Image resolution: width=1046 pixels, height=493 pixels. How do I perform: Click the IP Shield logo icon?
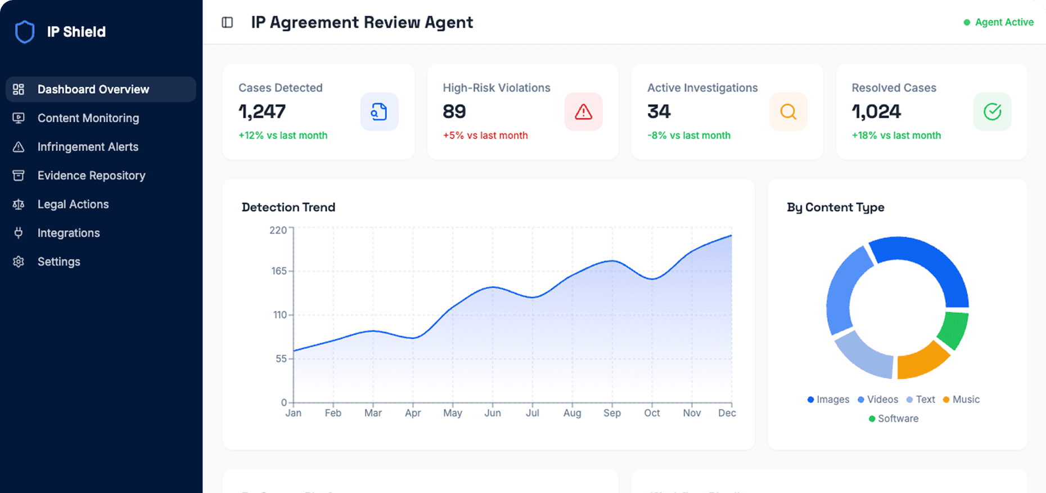point(25,32)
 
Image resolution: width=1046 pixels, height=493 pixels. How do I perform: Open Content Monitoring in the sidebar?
point(88,118)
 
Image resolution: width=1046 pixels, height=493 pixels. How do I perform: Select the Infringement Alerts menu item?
point(88,147)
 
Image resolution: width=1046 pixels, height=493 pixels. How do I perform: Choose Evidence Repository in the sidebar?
point(91,176)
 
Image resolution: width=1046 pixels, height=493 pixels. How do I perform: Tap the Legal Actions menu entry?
point(73,204)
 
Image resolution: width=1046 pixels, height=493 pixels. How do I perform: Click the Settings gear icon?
point(19,262)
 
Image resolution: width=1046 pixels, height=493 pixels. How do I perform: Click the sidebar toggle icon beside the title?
point(227,23)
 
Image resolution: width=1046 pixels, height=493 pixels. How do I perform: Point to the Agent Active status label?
point(1003,23)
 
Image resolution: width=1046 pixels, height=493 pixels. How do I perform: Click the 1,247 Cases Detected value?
point(262,111)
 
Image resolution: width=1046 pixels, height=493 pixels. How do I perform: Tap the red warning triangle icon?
point(583,112)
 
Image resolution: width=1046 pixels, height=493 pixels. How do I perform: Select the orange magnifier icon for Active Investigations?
point(788,112)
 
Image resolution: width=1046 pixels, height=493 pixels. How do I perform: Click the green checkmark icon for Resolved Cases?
point(992,112)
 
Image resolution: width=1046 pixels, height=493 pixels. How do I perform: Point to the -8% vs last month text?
point(688,136)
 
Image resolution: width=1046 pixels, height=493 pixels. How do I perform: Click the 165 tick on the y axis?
point(279,271)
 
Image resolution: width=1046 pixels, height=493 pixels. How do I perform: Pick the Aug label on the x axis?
point(572,413)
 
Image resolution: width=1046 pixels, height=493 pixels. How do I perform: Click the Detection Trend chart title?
point(288,207)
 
